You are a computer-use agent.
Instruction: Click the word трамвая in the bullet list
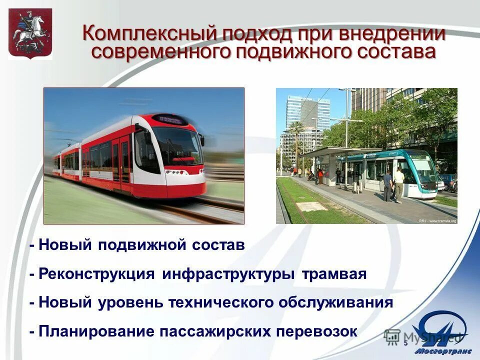[x=334, y=274]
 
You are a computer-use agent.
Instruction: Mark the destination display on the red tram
[x=170, y=119]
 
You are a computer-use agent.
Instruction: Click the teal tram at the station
[x=400, y=172]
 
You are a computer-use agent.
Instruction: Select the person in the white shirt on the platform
[x=398, y=183]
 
